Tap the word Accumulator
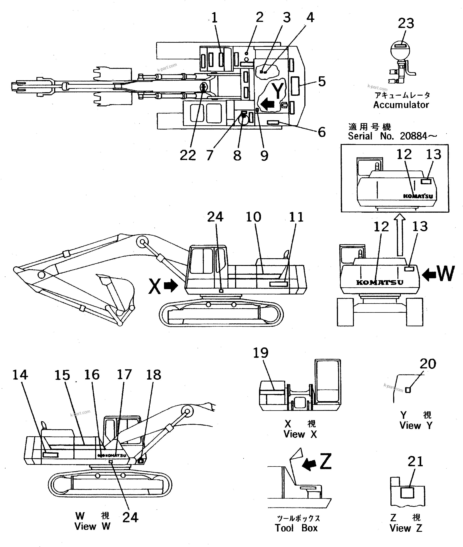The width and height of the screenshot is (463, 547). point(401,105)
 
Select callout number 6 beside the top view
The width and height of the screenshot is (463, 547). point(322,132)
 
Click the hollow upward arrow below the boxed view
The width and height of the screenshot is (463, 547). point(400,235)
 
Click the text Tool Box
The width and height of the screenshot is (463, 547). point(296,528)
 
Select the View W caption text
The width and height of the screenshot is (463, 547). point(92,526)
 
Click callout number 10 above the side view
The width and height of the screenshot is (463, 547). point(253,217)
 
